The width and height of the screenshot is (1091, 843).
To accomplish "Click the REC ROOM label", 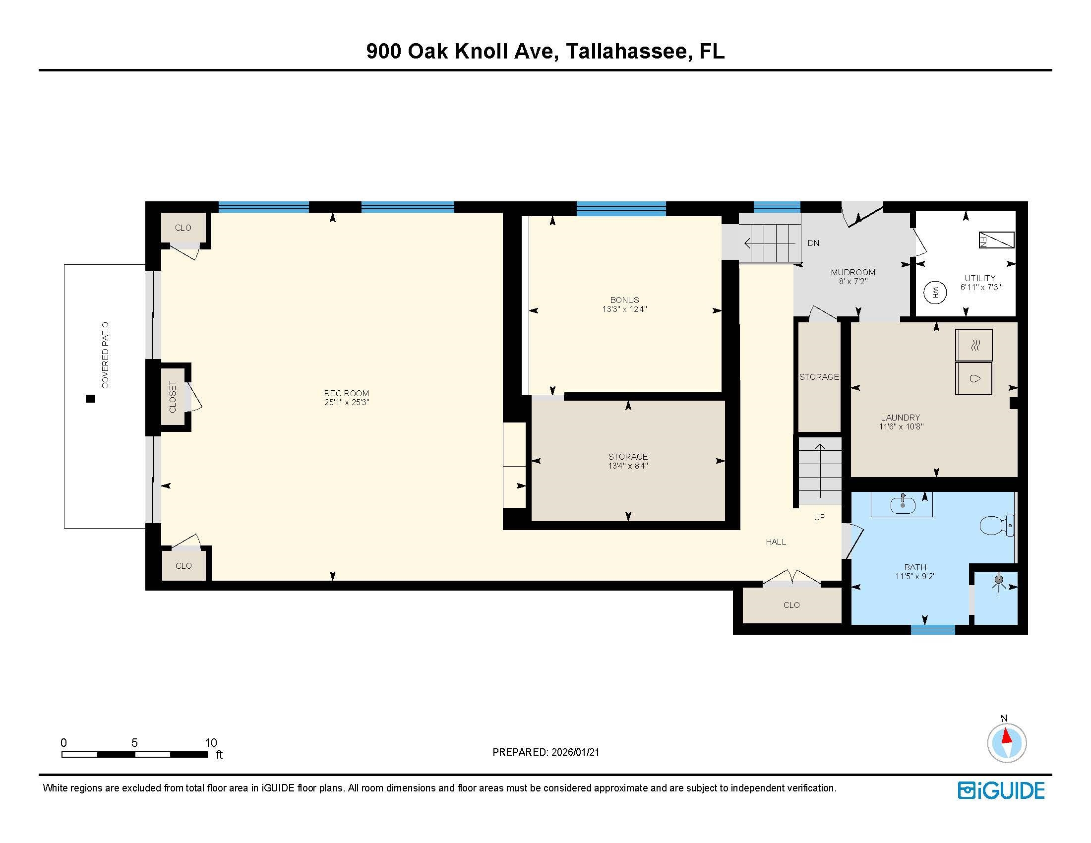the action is click(346, 394).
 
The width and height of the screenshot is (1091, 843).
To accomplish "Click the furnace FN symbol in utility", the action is click(996, 240).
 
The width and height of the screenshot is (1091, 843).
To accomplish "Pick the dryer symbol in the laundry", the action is click(973, 345).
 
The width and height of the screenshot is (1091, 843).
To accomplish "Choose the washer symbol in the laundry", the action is click(973, 378).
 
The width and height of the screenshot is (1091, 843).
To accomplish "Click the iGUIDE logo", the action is click(1001, 790).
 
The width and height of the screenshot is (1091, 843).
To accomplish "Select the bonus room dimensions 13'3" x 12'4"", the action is click(624, 309).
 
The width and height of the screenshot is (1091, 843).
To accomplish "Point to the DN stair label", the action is click(813, 243).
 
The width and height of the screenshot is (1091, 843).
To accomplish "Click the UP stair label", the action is click(820, 517).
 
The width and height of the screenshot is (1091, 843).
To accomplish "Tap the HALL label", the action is click(776, 542).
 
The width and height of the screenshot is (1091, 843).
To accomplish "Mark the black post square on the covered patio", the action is click(90, 399).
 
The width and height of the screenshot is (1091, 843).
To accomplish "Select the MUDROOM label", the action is click(853, 272).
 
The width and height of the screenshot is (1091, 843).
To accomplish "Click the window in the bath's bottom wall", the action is click(933, 630).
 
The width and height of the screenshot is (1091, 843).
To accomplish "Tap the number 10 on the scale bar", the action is click(211, 743).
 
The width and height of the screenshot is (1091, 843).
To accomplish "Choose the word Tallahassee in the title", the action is click(626, 52).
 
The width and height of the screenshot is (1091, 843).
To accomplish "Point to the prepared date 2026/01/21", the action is click(575, 752).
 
